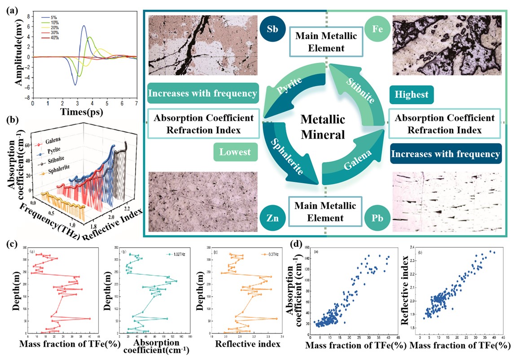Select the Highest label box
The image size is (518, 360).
coord(411,95)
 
